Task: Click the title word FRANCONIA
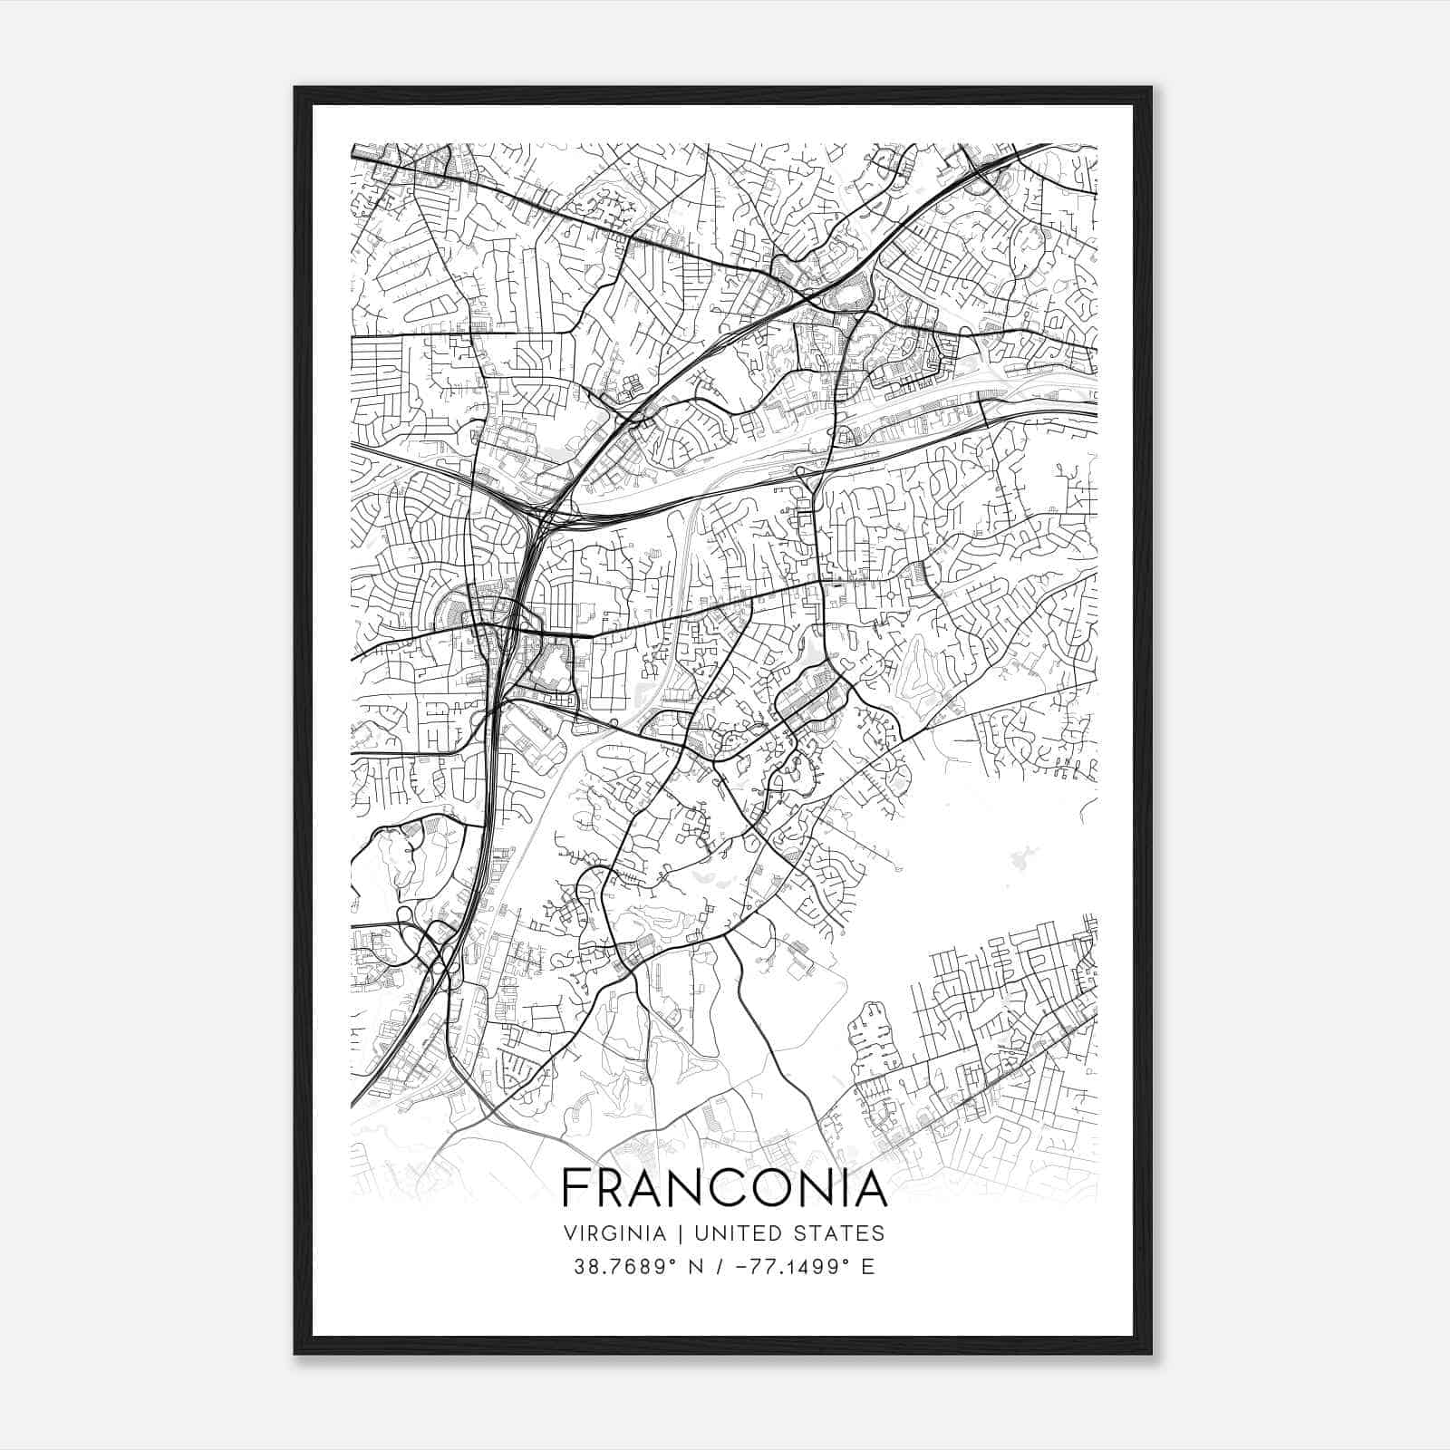point(724,1188)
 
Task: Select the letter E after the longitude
point(868,1267)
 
